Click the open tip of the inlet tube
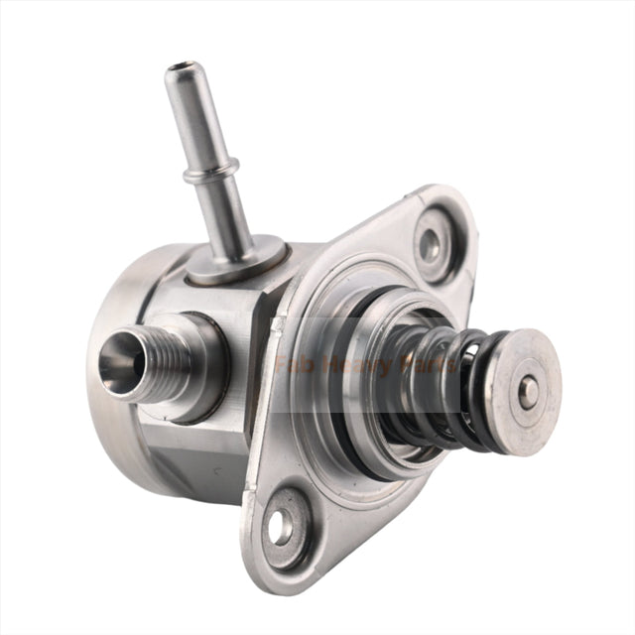[x=178, y=69]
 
